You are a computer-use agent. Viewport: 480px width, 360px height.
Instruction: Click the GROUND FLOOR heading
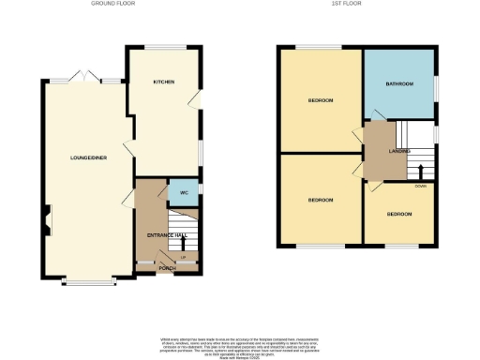[x=114, y=4]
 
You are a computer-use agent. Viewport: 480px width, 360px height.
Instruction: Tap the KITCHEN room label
[x=164, y=82]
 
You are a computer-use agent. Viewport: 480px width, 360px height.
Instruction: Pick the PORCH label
[x=168, y=268]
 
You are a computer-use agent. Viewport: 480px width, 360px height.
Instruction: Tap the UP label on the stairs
[x=184, y=256]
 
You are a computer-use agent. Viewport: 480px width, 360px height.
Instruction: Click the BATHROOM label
[x=398, y=84]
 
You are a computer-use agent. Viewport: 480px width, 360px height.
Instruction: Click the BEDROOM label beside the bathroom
[x=321, y=99]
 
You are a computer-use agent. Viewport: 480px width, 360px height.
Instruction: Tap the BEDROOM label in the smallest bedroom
[x=399, y=215]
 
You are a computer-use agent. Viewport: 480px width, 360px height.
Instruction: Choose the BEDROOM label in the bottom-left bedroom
[x=321, y=201]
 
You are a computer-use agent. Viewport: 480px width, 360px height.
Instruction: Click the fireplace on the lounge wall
[x=45, y=224]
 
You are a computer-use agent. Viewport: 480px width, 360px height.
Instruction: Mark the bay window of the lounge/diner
[x=86, y=278]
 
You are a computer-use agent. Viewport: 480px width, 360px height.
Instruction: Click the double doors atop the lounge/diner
[x=84, y=76]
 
